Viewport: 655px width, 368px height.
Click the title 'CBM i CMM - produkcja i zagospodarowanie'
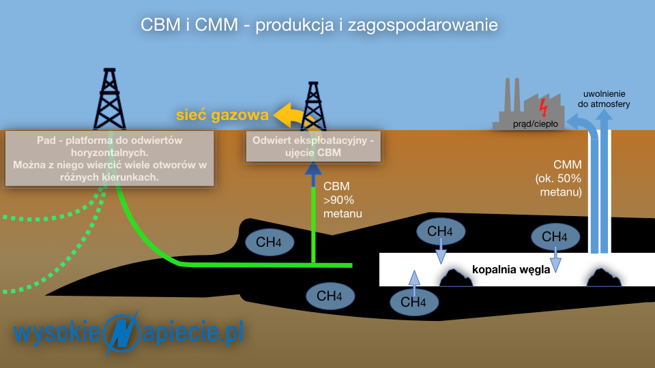click(x=319, y=25)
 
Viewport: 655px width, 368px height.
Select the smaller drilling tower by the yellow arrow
click(x=313, y=106)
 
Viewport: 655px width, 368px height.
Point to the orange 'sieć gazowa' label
click(x=222, y=114)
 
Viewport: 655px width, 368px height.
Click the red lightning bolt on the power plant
click(x=543, y=108)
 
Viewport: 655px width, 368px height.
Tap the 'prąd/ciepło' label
click(x=535, y=124)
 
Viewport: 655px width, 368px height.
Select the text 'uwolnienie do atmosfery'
click(x=604, y=99)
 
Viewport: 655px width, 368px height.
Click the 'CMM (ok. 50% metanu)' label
click(x=559, y=178)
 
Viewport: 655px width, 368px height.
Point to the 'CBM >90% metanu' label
click(x=343, y=200)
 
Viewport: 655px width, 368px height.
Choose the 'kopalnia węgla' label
click(x=511, y=270)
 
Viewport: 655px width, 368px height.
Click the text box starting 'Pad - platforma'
click(x=109, y=159)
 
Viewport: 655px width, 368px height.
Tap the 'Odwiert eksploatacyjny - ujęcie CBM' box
click(x=313, y=147)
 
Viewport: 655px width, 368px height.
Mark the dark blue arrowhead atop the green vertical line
click(x=313, y=168)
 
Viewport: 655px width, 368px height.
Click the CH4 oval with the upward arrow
click(x=414, y=301)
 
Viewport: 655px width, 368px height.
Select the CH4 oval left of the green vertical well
click(x=270, y=242)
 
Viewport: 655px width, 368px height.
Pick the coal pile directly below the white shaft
click(x=604, y=277)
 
